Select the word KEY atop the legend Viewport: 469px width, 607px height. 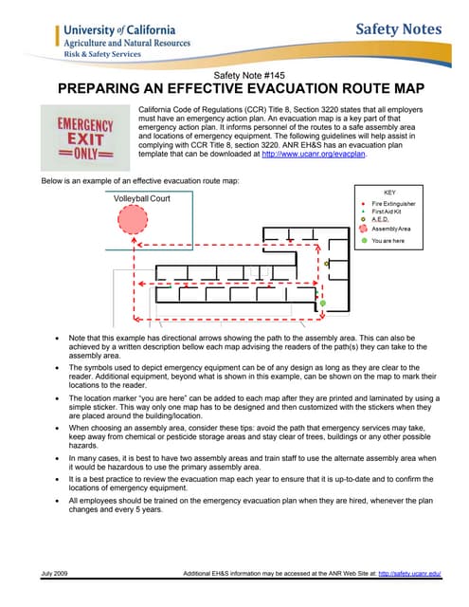pos(389,192)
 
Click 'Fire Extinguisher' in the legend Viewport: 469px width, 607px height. pos(393,203)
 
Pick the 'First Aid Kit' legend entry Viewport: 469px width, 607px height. pos(388,212)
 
